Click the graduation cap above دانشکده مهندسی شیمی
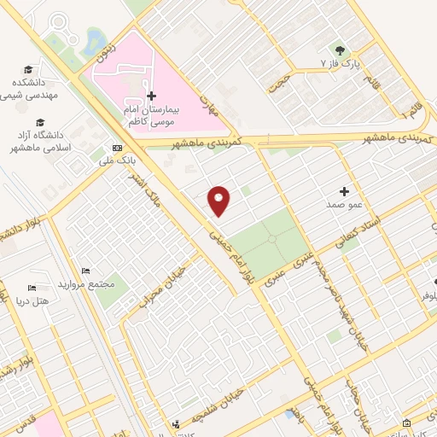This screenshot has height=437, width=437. click(x=28, y=69)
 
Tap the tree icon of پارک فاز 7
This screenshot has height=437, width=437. click(x=341, y=50)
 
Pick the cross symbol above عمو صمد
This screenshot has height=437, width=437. click(x=345, y=191)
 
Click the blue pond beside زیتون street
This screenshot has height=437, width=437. click(x=93, y=38)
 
